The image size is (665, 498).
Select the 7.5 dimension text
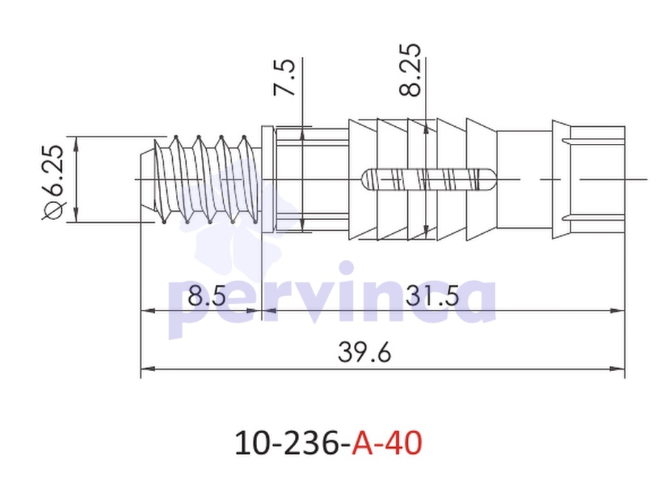[284, 77]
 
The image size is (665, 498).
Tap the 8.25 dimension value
[410, 69]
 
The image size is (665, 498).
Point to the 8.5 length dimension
[207, 296]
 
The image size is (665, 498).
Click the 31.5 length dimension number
[432, 296]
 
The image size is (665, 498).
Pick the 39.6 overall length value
[364, 353]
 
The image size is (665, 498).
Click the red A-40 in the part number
[386, 443]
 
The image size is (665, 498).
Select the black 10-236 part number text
[287, 443]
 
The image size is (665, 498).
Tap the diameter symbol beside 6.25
[54, 211]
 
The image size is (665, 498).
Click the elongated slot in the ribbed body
[429, 179]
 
